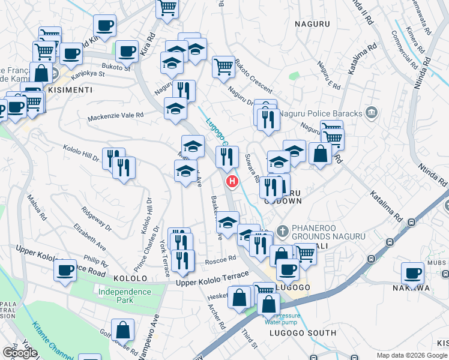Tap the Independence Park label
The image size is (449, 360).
(x=124, y=295)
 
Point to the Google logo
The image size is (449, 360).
(x=19, y=353)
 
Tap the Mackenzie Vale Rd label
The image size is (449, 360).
(x=116, y=115)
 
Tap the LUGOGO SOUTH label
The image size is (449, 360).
(x=302, y=333)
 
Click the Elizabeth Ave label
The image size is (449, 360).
(x=89, y=235)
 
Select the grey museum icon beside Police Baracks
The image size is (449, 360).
(x=372, y=112)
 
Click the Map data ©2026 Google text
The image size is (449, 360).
(x=411, y=355)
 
